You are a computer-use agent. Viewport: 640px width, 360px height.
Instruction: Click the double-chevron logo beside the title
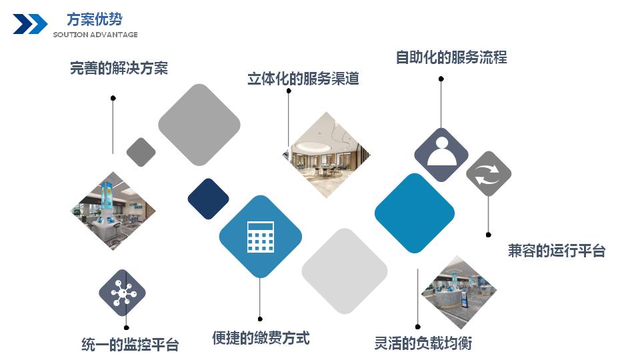point(30,24)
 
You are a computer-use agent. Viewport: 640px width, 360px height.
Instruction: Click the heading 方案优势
point(94,19)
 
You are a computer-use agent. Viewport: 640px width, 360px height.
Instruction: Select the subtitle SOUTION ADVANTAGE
point(95,35)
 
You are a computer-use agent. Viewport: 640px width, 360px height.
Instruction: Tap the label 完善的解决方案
point(119,68)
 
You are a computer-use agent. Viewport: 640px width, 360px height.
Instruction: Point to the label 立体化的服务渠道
point(303,79)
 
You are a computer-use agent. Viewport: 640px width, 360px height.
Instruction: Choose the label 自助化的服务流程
point(451,57)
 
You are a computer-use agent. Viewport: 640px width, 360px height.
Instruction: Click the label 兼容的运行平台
point(556,251)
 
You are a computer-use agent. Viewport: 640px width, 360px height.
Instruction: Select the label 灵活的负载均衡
point(423,343)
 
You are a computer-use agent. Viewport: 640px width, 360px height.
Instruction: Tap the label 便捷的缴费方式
point(261,338)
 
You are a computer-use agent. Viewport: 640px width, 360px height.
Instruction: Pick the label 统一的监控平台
point(130,345)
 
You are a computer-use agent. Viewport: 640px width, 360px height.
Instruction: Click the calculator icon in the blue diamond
point(261,237)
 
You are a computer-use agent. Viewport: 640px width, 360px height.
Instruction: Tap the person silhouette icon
point(441,151)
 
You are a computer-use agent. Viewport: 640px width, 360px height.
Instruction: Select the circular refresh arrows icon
point(489,174)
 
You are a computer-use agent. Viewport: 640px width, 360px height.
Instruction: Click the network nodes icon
point(123,293)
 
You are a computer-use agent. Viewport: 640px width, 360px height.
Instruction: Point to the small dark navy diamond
point(208,199)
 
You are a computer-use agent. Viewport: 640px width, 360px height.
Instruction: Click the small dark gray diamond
point(141,152)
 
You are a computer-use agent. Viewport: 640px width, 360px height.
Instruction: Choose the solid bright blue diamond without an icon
point(414,213)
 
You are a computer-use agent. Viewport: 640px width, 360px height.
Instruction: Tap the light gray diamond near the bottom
point(345,271)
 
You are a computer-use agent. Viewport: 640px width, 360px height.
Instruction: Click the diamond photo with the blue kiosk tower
point(113,211)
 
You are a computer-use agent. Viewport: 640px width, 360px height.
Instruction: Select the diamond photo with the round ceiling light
point(327,155)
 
